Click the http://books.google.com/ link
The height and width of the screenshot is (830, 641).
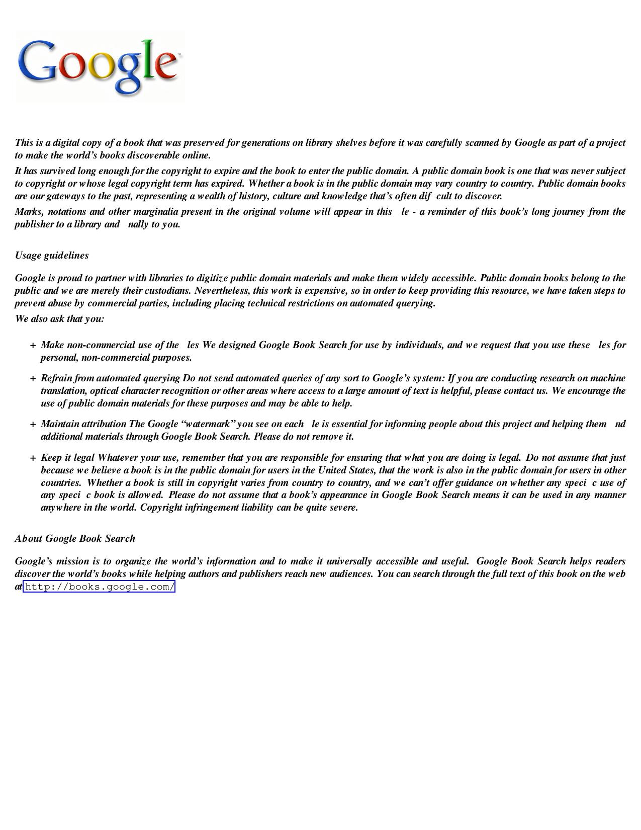click(99, 587)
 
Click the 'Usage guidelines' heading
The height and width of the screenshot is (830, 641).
click(52, 256)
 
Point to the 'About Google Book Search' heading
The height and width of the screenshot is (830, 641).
click(75, 539)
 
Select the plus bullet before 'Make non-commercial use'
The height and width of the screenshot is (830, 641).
click(33, 346)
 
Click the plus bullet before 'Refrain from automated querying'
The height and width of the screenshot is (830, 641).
click(33, 379)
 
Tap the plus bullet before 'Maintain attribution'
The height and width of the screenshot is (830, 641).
click(33, 425)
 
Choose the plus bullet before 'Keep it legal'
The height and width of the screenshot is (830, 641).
click(33, 458)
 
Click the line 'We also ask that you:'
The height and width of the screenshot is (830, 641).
click(59, 319)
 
